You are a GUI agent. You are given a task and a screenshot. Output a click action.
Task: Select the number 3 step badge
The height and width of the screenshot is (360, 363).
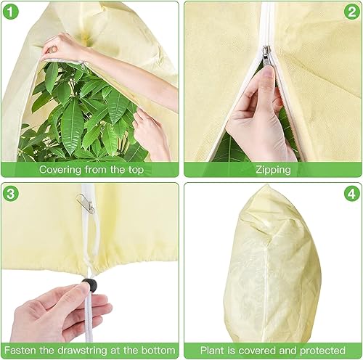[x=11, y=194]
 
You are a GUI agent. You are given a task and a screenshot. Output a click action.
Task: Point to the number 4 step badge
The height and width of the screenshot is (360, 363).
[x=351, y=194]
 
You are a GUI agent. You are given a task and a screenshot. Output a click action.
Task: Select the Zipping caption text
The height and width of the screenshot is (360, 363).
[x=273, y=170]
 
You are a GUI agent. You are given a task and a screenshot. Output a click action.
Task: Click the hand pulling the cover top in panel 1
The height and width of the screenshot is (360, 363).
[x=58, y=48]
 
